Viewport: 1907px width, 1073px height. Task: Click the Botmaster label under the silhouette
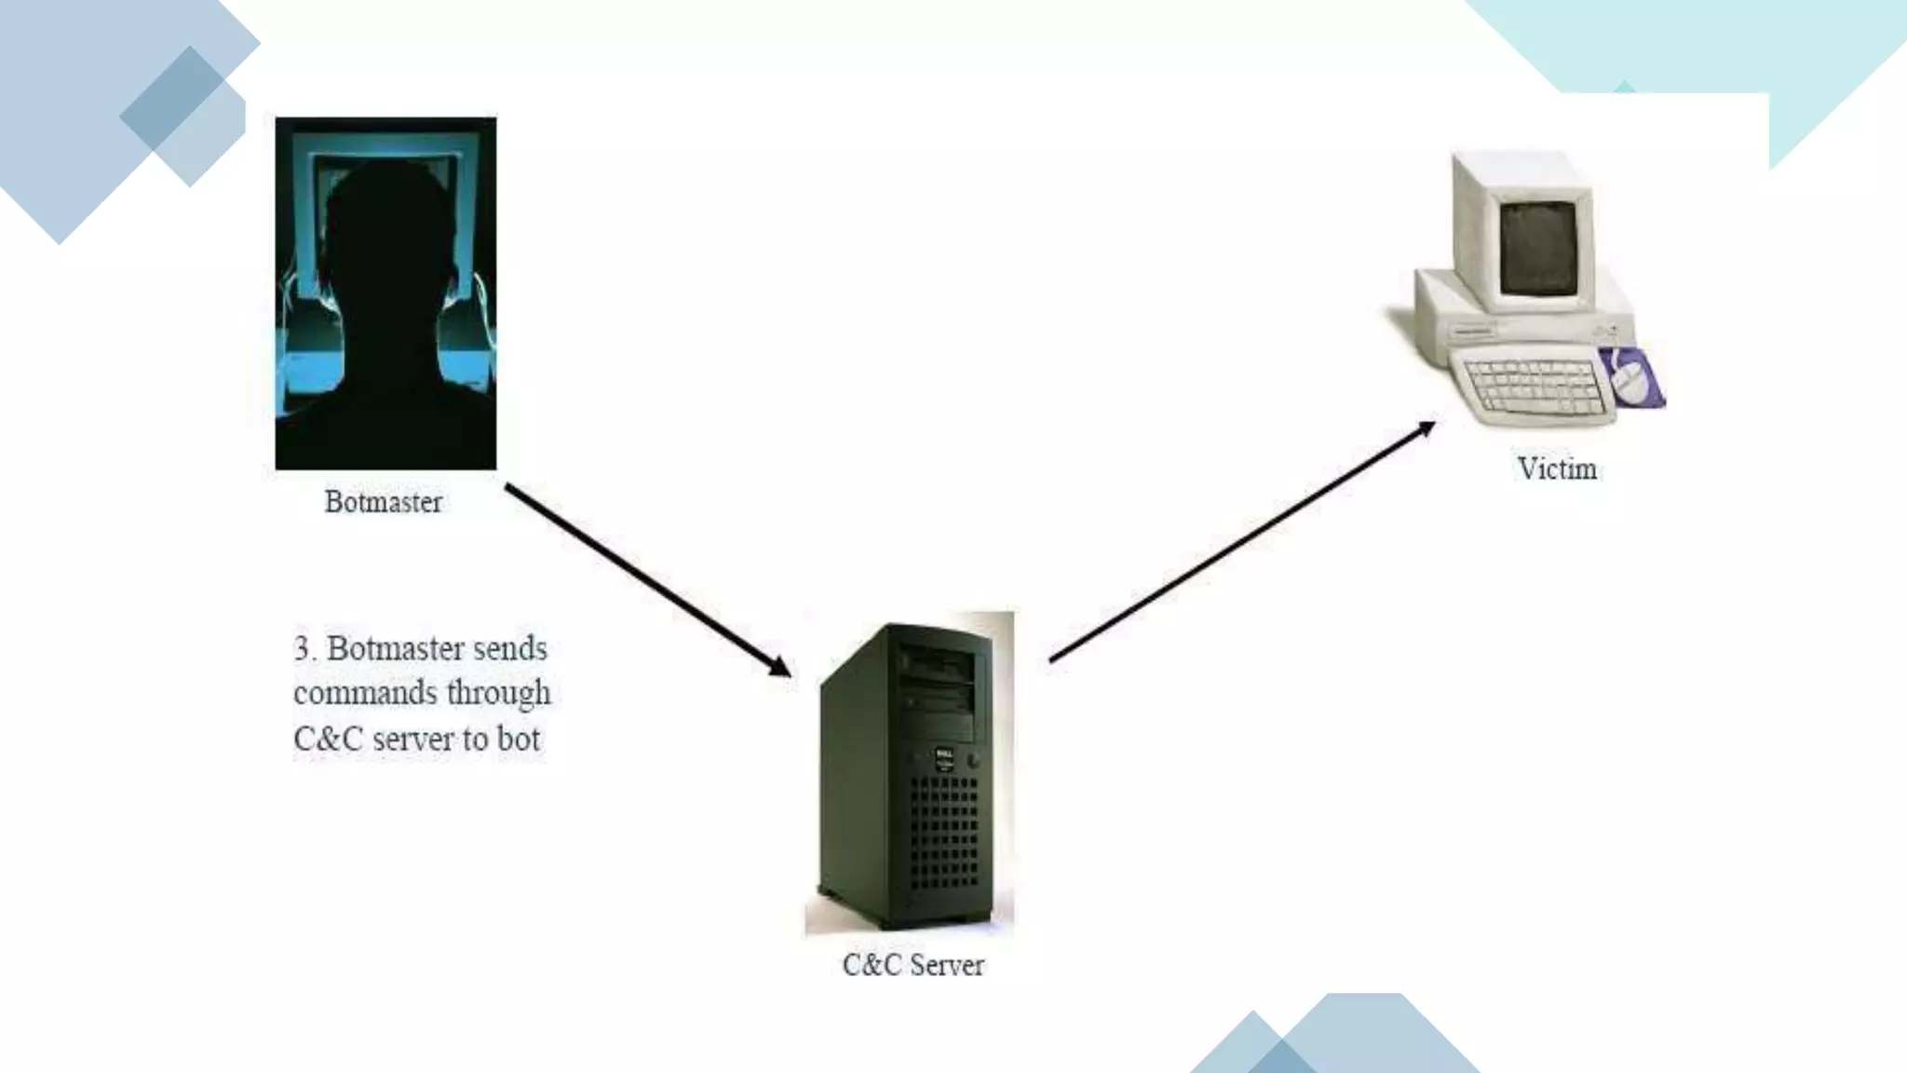pos(383,502)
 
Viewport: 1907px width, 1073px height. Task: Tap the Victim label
pos(1557,469)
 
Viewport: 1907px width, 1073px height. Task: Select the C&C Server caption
pos(913,965)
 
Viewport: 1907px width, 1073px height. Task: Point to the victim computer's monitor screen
pos(1538,248)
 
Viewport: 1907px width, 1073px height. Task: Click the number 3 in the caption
pos(302,648)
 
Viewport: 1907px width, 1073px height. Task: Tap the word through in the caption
pos(498,693)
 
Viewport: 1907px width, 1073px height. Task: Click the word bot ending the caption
pos(518,739)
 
